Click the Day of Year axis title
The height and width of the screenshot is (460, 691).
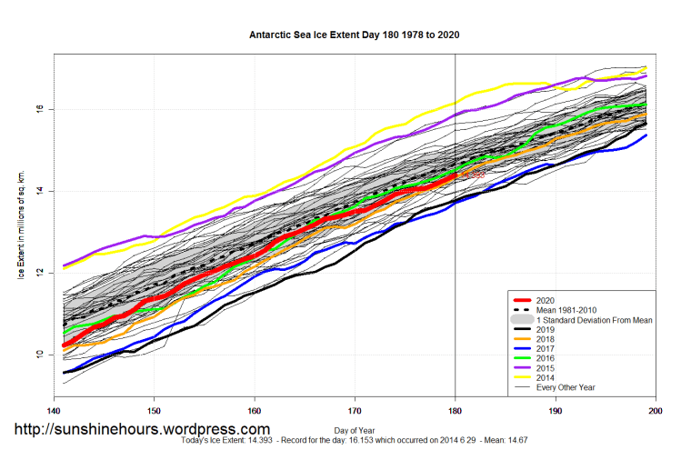(x=355, y=428)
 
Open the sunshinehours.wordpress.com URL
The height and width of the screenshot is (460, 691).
(x=141, y=429)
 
